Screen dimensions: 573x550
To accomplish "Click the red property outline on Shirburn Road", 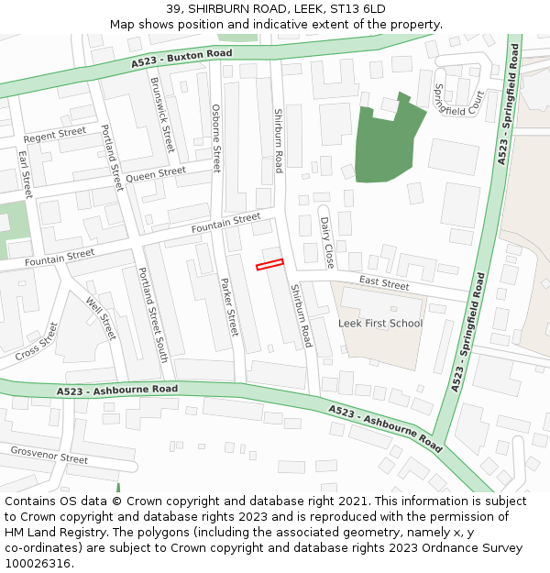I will click(269, 265).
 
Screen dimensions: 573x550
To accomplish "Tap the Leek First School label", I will click(380, 323).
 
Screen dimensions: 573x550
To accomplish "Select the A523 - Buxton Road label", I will click(181, 59).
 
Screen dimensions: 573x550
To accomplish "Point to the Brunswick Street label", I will click(161, 115).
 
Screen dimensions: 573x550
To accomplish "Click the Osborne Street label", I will click(216, 138).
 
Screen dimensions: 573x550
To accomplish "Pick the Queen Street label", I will click(156, 174).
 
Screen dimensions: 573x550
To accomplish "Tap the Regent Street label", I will click(55, 135).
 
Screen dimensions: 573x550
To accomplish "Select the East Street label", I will click(384, 283).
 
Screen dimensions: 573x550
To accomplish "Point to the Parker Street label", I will click(229, 306).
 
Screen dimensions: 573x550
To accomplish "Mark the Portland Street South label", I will click(151, 314).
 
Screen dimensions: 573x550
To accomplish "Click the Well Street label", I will click(101, 318).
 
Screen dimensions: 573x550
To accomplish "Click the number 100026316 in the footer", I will click(37, 563).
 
